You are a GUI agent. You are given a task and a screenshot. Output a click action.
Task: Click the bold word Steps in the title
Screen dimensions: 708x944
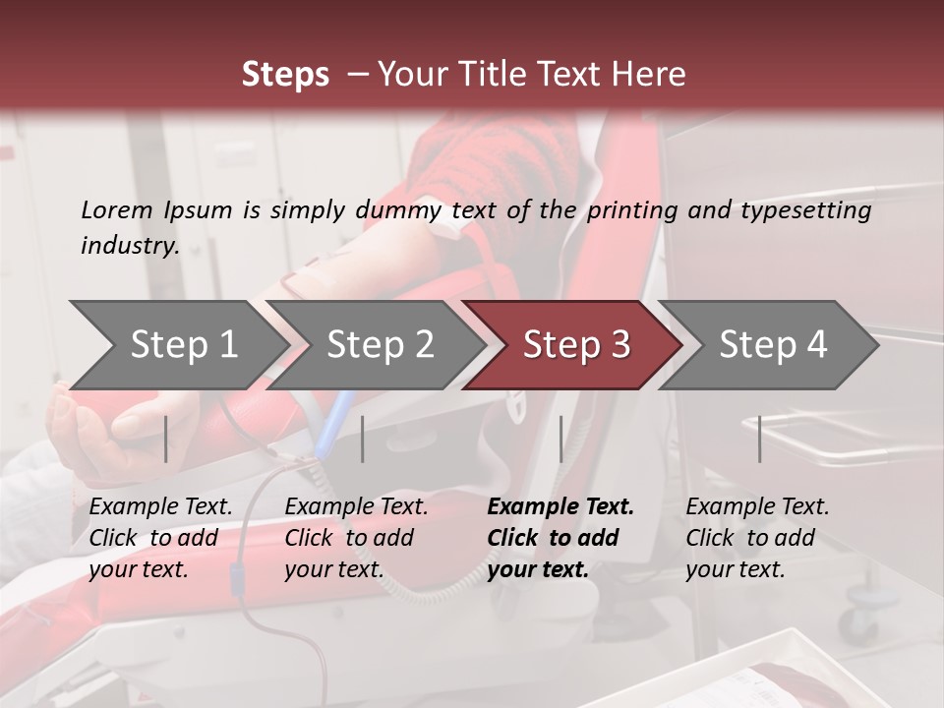pos(285,75)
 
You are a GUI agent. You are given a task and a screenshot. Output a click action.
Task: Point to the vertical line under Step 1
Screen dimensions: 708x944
pos(166,439)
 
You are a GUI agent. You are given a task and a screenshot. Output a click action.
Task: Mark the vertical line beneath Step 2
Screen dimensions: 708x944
pos(363,439)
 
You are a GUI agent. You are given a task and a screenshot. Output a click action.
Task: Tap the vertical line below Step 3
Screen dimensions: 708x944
pos(560,439)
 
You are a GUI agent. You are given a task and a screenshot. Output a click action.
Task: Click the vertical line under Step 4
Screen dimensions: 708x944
pos(760,439)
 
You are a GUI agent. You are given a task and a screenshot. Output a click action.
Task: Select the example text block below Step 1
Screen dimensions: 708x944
pos(160,538)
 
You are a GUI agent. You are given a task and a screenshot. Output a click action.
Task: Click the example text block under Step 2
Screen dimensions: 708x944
pos(356,538)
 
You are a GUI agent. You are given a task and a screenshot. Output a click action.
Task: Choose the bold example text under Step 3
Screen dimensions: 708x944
pos(560,538)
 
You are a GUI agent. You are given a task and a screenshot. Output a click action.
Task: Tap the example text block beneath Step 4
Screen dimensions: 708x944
pos(757,538)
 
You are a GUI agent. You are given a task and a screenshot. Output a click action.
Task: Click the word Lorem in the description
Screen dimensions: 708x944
pos(116,209)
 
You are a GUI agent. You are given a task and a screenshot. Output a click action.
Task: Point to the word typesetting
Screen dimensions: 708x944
pos(804,209)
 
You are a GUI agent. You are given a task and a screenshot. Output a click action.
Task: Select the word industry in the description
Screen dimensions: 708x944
pos(129,245)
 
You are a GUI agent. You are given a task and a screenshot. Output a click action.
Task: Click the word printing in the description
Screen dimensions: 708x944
pos(632,209)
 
